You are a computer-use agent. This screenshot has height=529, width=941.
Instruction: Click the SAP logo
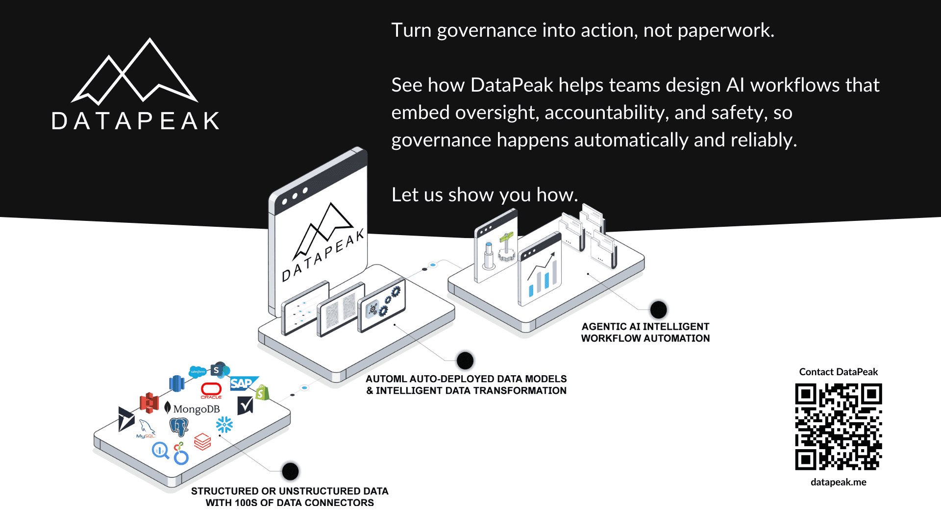(242, 383)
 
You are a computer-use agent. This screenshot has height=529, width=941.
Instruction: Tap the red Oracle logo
(211, 390)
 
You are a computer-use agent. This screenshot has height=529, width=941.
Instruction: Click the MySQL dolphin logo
(146, 428)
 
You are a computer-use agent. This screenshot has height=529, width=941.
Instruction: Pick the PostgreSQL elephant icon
(179, 427)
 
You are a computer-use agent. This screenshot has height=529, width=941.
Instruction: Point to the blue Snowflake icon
(224, 424)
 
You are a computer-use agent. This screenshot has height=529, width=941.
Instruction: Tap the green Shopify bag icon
(262, 392)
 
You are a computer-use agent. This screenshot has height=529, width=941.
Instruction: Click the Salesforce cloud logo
(198, 372)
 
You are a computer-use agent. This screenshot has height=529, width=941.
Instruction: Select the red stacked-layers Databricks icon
(202, 441)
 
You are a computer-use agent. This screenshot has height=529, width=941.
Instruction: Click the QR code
(838, 427)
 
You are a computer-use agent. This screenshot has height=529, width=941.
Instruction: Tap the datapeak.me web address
(838, 482)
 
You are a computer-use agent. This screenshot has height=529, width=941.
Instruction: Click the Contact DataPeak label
(838, 372)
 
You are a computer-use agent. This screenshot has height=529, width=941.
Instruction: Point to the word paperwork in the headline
(725, 31)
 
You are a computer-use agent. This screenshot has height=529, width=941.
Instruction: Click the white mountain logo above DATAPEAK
(135, 73)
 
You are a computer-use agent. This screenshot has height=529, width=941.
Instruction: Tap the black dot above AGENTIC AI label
(658, 310)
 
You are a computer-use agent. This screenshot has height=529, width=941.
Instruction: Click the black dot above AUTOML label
(465, 361)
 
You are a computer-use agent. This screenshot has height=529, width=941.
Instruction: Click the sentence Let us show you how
(484, 195)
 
